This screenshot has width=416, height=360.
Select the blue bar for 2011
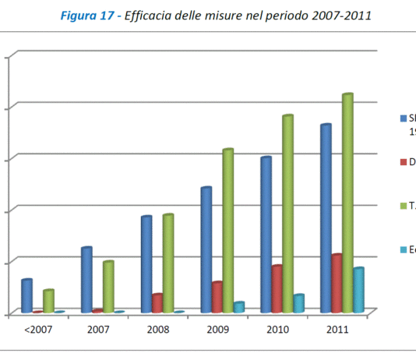[x=325, y=219]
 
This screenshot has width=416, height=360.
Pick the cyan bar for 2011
[x=358, y=291]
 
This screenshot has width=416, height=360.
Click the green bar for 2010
[x=287, y=214]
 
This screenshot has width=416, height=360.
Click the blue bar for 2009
[x=206, y=250]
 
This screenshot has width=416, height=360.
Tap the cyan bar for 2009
[x=238, y=307]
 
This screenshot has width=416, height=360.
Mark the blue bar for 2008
[x=146, y=265]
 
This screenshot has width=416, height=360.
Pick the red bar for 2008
[x=157, y=303]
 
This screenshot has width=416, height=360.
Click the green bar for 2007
[x=108, y=287]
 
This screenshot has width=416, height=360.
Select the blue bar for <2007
[x=26, y=296]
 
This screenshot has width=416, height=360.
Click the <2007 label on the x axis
[x=37, y=330]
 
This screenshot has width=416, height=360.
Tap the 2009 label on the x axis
[x=217, y=330]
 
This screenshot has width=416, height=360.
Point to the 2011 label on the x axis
[x=337, y=330]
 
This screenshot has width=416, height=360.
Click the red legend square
[x=404, y=162]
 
